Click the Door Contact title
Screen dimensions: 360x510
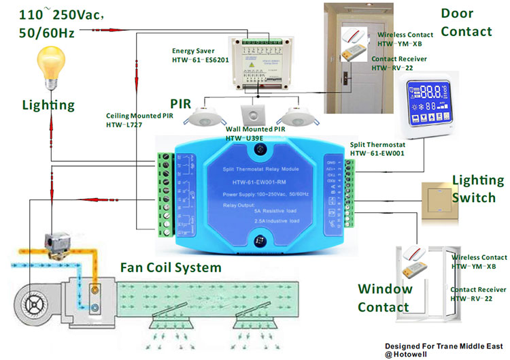(466, 22)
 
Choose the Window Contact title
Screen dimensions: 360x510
(385, 297)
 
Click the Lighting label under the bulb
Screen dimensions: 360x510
(48, 105)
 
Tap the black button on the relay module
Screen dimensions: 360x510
(260, 240)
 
